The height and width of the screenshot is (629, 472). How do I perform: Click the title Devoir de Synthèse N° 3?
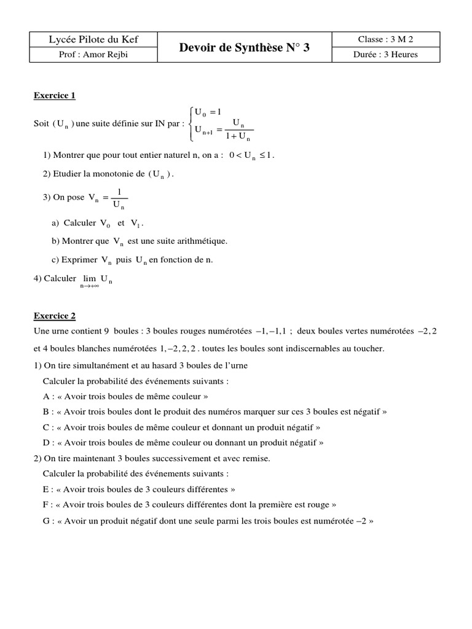click(x=244, y=47)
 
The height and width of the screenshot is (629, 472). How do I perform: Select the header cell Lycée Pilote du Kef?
click(x=93, y=40)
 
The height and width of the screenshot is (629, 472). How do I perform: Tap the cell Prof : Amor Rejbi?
click(x=93, y=55)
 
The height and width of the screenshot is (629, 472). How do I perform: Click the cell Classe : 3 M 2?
click(x=387, y=40)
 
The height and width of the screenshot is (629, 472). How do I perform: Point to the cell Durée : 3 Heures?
click(x=387, y=55)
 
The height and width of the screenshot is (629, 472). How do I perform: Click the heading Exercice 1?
click(x=54, y=95)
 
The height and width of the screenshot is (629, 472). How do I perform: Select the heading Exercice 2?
click(x=54, y=316)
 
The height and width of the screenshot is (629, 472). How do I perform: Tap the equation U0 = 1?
click(x=207, y=112)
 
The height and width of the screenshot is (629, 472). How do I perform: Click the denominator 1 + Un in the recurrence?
click(x=237, y=136)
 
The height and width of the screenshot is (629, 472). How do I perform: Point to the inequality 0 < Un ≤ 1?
click(x=251, y=155)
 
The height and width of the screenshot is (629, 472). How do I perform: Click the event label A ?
click(x=47, y=396)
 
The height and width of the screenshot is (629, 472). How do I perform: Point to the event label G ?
click(x=47, y=522)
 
